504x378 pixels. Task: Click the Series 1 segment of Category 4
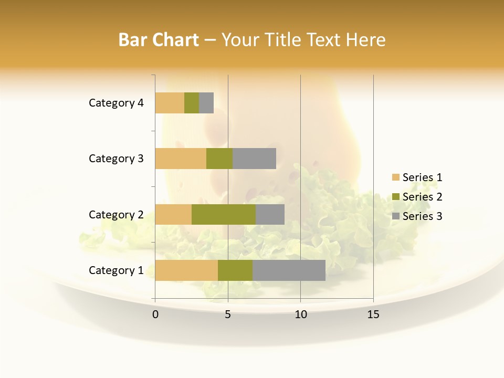point(170,103)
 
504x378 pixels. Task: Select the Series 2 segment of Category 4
point(192,103)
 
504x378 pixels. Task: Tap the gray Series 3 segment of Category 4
point(206,103)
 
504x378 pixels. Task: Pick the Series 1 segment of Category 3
point(181,159)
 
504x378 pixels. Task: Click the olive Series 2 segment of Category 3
point(219,159)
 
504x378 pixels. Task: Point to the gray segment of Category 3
point(254,159)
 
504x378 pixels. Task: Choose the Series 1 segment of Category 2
point(173,214)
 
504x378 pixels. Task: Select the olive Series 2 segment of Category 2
point(224,214)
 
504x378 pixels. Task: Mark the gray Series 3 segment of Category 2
point(270,214)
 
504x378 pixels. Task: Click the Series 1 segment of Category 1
point(186,270)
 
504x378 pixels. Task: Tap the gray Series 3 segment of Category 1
point(289,270)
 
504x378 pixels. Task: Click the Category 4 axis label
point(116,103)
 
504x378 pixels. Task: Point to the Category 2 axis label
point(116,214)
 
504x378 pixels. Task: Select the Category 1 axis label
point(116,270)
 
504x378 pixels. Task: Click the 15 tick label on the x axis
point(373,314)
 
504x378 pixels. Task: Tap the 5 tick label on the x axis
point(228,314)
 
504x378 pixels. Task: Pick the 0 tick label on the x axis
point(155,314)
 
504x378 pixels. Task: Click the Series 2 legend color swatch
point(395,197)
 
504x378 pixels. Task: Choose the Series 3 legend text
point(422,216)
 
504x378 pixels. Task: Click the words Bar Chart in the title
point(159,40)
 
